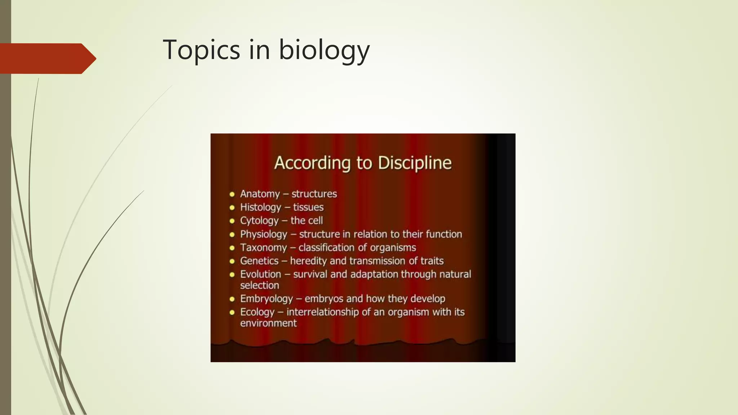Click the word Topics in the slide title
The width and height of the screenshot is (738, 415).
coord(201,50)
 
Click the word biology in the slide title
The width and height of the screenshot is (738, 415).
coord(324,50)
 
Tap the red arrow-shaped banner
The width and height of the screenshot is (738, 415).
coord(47,58)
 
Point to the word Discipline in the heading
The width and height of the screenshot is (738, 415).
coord(414,163)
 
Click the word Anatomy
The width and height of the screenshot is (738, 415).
coord(260,194)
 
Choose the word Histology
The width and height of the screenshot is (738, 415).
coord(261,207)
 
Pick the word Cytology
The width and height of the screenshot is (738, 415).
coord(259,220)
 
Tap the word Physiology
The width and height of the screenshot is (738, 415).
coord(263,234)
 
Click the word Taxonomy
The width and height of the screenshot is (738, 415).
coord(263,247)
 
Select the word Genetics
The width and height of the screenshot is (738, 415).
coord(259,261)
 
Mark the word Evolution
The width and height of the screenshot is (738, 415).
coord(261,274)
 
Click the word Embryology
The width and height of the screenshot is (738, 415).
coord(266,299)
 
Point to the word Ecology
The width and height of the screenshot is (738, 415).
coord(257,312)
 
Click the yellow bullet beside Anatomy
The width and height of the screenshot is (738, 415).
coord(232,195)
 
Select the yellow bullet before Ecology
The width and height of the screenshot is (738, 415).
coord(232,312)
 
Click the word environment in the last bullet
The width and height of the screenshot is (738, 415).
coord(268,323)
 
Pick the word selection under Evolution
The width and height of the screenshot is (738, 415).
coord(259,285)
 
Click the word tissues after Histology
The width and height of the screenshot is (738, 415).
coord(308,207)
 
